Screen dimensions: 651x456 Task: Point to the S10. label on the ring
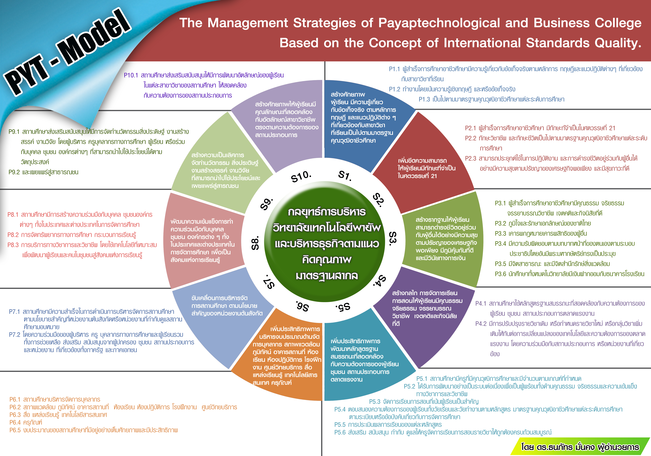301,176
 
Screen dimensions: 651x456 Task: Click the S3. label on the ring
393,239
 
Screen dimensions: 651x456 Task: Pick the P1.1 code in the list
394,69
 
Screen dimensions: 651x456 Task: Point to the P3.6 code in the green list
500,274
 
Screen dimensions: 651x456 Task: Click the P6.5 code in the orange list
15,430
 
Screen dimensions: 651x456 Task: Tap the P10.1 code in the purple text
131,75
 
